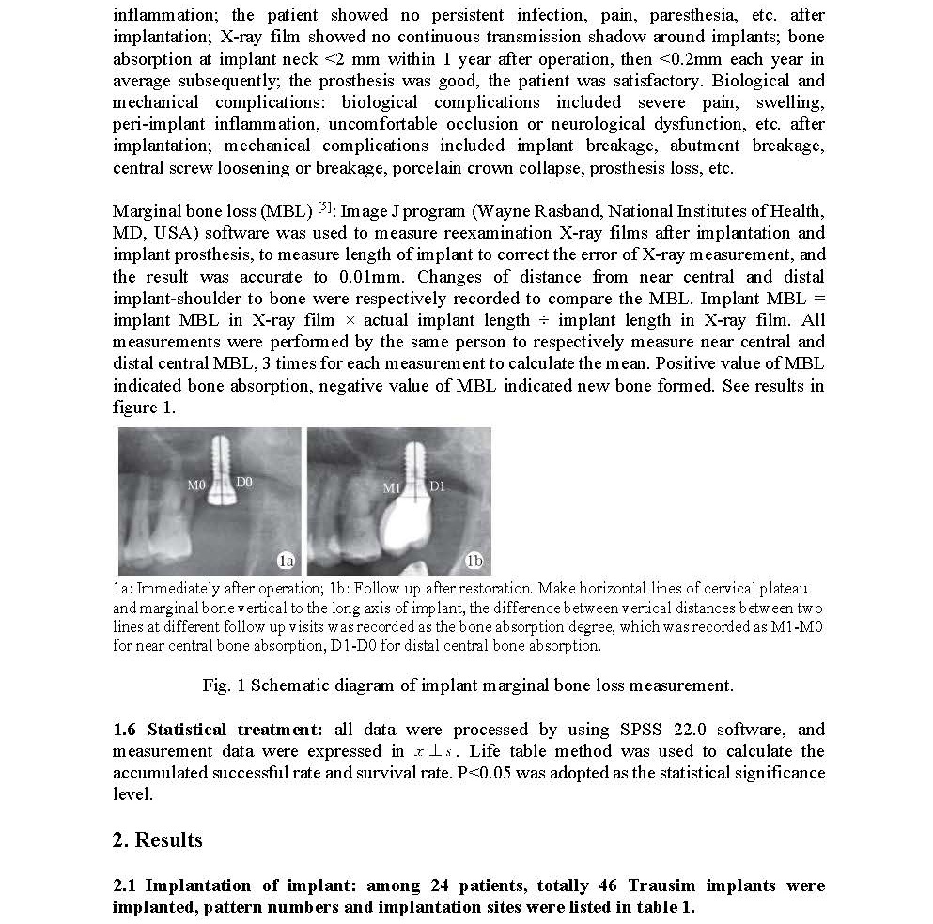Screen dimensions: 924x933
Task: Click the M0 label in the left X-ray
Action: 195,485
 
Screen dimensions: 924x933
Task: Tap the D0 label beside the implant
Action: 243,482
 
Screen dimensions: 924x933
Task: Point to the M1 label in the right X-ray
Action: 391,488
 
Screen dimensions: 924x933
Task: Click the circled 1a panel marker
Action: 286,561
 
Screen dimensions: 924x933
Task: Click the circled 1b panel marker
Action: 474,561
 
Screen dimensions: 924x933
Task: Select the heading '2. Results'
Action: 157,839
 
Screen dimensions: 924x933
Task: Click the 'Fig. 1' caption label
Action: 222,685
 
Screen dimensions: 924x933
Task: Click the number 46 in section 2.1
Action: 606,885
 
